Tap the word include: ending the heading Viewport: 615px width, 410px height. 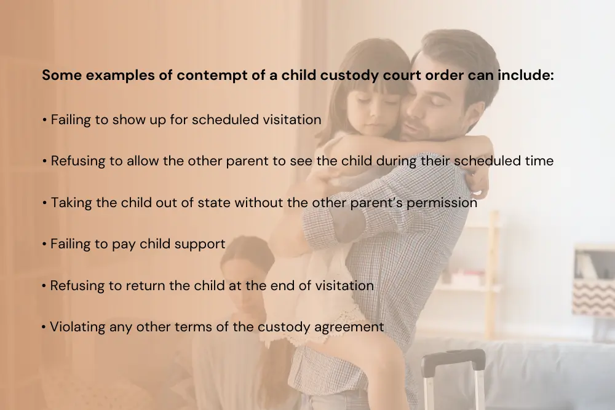[x=526, y=75]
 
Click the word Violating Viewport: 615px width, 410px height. [x=77, y=327]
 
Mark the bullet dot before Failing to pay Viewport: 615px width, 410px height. [x=44, y=244]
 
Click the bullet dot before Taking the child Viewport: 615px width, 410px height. [x=44, y=203]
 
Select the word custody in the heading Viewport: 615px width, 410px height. [x=349, y=75]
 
